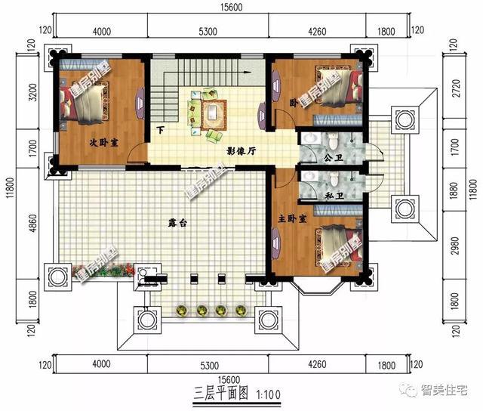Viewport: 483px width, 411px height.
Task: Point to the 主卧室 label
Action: tap(291, 218)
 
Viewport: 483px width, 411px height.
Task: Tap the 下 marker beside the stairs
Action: tap(160, 131)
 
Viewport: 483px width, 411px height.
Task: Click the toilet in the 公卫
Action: tap(331, 142)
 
